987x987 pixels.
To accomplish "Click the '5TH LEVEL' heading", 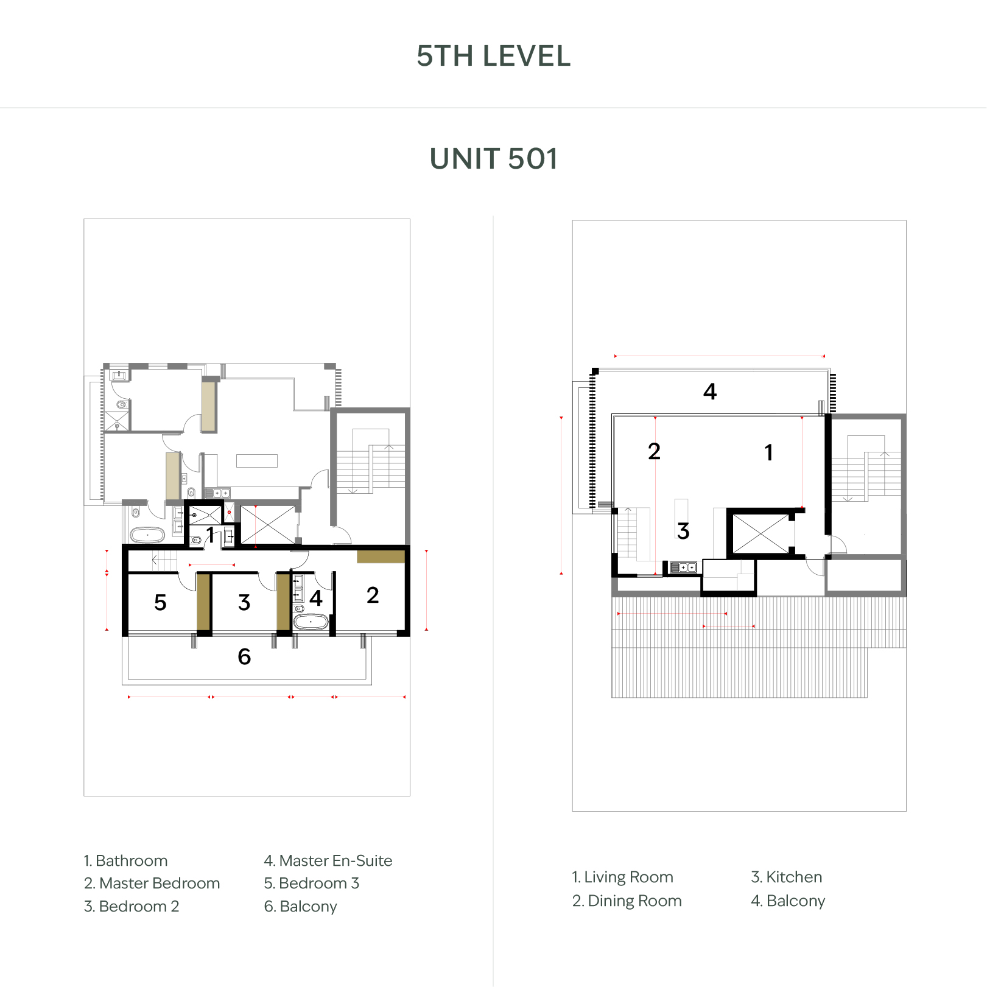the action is click(x=493, y=56).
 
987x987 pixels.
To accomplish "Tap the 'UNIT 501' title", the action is click(x=493, y=159).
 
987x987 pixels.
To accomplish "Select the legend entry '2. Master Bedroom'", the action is click(x=152, y=883).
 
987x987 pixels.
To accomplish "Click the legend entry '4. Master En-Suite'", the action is click(x=328, y=861).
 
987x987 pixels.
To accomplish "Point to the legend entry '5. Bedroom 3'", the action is click(x=312, y=883).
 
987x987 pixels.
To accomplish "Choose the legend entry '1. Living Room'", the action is click(x=622, y=877).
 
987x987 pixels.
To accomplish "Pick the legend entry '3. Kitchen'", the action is click(x=787, y=877).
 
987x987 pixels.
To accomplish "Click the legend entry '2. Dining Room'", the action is click(x=627, y=901).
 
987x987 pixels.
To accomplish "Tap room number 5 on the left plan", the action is click(x=160, y=603).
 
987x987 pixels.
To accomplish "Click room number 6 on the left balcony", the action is click(x=244, y=656).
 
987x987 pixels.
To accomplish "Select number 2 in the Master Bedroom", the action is click(x=373, y=595).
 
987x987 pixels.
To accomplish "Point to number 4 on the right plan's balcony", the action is click(x=710, y=391).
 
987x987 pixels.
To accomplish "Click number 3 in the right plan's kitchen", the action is click(x=683, y=531).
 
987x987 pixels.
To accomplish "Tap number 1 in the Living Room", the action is click(x=769, y=452).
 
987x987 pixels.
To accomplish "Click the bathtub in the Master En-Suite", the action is click(x=311, y=622).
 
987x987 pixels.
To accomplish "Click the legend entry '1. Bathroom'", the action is click(x=125, y=861).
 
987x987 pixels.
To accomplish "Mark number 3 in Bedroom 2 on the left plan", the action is click(x=244, y=603).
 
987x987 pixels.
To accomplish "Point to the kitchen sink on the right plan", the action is click(x=683, y=567).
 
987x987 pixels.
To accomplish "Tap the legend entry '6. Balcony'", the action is click(x=301, y=907).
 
